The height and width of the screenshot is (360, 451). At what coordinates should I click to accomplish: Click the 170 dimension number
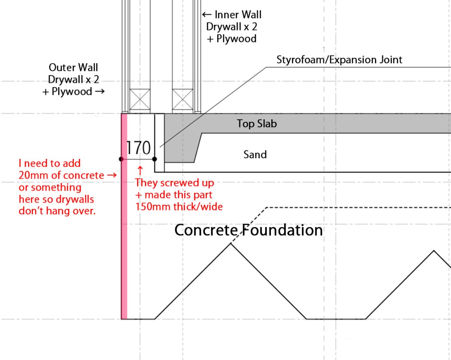(138, 148)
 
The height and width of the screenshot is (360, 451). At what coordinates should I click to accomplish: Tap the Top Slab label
(257, 124)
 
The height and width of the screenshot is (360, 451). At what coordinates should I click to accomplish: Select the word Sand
(255, 154)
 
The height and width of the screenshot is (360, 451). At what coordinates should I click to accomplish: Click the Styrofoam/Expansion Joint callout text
(339, 59)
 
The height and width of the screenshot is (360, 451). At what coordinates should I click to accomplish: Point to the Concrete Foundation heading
(248, 230)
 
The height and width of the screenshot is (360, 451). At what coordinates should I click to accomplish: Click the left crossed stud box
(139, 99)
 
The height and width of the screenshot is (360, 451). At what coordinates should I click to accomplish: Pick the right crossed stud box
(182, 99)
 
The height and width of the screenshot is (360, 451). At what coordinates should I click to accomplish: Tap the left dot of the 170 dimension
(121, 159)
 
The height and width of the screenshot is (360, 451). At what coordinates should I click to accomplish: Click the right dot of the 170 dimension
(154, 159)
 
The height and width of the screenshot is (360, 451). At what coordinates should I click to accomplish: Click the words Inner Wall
(238, 15)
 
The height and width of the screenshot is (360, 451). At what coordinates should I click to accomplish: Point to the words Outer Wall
(73, 68)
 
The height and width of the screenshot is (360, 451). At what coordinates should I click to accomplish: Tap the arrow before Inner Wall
(207, 15)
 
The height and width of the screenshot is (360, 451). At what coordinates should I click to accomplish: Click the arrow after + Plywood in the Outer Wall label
(99, 91)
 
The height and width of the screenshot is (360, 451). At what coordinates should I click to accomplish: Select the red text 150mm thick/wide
(179, 206)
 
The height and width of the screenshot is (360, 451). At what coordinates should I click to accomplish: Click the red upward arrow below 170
(140, 168)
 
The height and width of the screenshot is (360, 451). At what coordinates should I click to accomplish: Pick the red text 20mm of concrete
(61, 175)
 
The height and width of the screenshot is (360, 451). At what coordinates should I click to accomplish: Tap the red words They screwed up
(174, 183)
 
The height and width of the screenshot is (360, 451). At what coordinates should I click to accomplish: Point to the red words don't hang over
(57, 211)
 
